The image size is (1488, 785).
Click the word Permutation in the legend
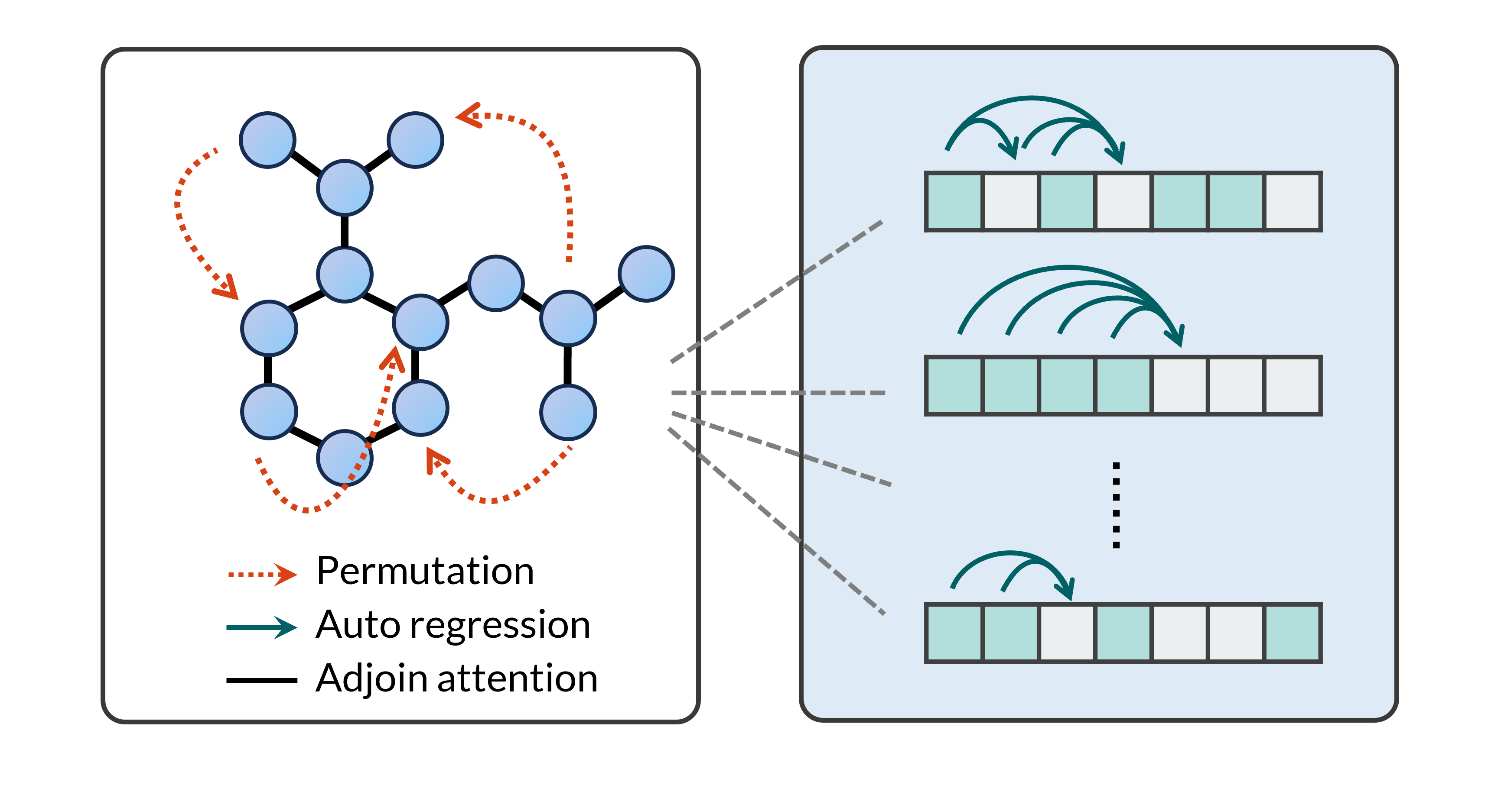click(x=425, y=572)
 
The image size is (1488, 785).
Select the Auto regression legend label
click(x=453, y=625)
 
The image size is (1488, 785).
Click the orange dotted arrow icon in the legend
click(x=263, y=574)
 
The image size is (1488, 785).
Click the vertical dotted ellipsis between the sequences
click(x=1116, y=504)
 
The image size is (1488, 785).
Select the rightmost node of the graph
click(x=646, y=274)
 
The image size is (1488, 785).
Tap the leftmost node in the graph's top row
click(x=267, y=140)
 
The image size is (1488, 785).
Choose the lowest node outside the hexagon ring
click(x=568, y=412)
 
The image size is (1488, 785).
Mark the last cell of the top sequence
click(x=1292, y=201)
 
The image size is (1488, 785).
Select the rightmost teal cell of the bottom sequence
click(x=1292, y=633)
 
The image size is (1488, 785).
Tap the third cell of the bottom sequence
click(x=1067, y=633)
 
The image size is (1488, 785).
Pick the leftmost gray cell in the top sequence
click(x=1010, y=201)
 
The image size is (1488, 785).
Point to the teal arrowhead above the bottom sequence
click(x=1066, y=590)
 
